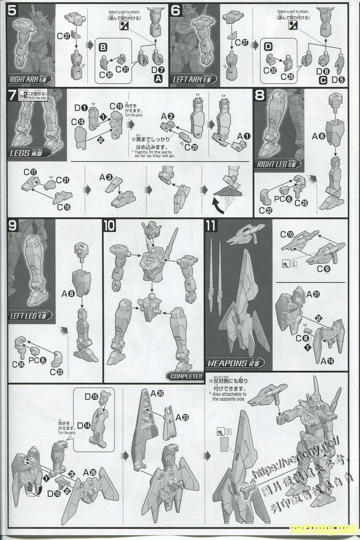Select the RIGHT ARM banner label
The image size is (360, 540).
click(x=31, y=80)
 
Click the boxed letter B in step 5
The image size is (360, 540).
click(x=103, y=47)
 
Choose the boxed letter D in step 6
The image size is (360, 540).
click(x=268, y=46)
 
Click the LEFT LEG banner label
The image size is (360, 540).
click(x=30, y=316)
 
